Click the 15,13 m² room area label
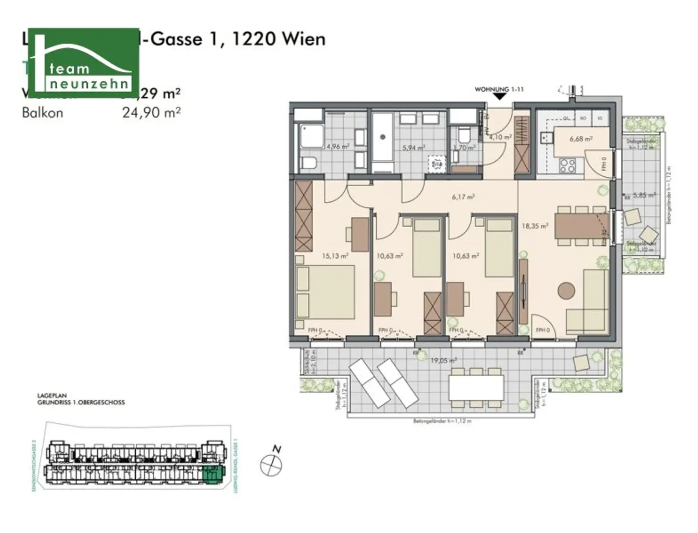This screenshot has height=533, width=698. click(x=335, y=256)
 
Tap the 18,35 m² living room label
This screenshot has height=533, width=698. click(x=535, y=225)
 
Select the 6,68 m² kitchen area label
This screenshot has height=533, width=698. click(x=581, y=139)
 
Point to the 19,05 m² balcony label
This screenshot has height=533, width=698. click(x=443, y=360)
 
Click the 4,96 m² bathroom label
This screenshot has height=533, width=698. click(x=338, y=146)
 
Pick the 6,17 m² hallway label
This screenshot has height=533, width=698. click(x=463, y=197)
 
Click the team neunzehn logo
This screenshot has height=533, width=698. click(x=84, y=60)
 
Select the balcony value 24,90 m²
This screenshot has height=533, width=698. click(x=151, y=112)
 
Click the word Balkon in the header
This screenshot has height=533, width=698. click(x=42, y=113)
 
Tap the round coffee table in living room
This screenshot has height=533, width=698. click(x=566, y=290)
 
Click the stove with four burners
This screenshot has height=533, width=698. click(x=567, y=165)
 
